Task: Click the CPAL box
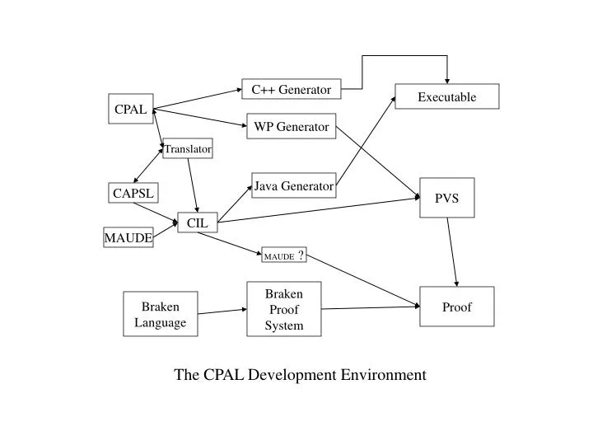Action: tap(131, 109)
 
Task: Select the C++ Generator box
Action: tap(291, 89)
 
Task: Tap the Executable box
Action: tap(446, 96)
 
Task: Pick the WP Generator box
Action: tap(291, 126)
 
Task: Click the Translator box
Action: tap(188, 149)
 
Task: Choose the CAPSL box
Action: tap(133, 193)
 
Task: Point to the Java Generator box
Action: tap(293, 185)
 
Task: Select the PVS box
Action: tap(446, 198)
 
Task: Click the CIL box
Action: tap(197, 222)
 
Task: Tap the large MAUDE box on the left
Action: tap(128, 238)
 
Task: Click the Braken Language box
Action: tap(160, 314)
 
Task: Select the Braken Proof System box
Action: tap(283, 309)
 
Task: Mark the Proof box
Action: tap(456, 307)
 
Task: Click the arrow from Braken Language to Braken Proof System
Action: tap(222, 311)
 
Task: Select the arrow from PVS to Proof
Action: tap(452, 251)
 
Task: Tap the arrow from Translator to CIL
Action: tap(193, 184)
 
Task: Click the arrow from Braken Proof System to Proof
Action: tap(371, 308)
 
